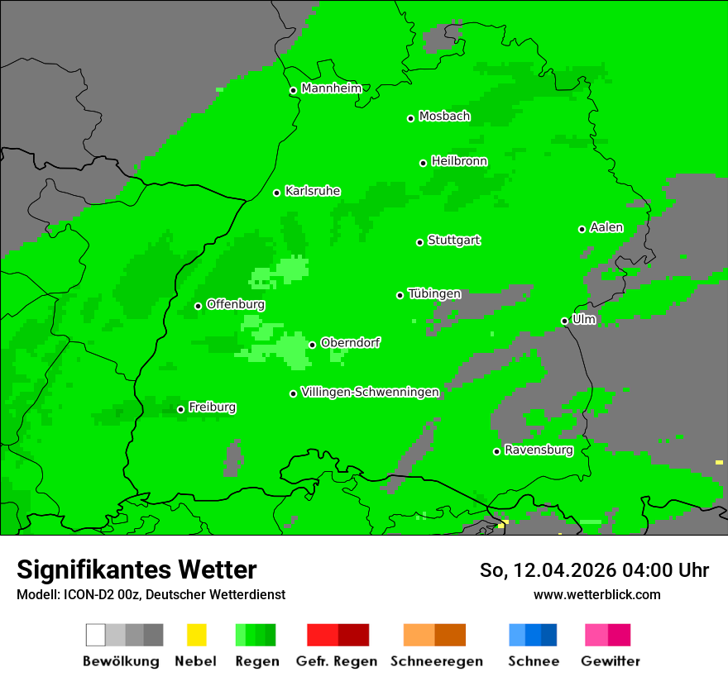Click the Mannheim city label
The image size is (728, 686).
tap(332, 88)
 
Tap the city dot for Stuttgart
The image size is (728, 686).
tap(419, 242)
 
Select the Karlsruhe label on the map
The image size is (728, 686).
tap(313, 191)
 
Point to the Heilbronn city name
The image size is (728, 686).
tap(459, 161)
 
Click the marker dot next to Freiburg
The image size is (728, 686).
tap(180, 409)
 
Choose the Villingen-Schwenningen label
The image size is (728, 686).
tap(370, 392)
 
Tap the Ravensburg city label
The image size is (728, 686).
tap(539, 450)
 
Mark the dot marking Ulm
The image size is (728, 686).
tap(564, 321)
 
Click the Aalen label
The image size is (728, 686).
tap(606, 227)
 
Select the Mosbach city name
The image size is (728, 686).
tap(444, 117)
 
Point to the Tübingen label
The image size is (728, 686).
tap(434, 293)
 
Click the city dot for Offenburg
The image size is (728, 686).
tap(198, 306)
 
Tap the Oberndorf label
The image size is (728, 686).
tap(350, 342)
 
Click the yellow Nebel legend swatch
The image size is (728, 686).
tap(196, 635)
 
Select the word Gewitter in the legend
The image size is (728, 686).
tap(610, 661)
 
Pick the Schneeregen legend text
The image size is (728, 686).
tap(436, 661)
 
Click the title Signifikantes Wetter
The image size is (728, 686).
tap(136, 569)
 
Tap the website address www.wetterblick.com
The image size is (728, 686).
tap(596, 594)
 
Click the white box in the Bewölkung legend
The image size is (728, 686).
tap(96, 635)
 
